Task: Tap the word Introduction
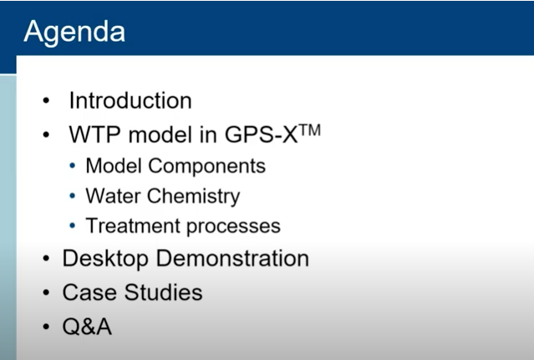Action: (130, 101)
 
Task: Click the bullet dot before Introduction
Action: (46, 101)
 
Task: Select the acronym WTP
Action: (94, 134)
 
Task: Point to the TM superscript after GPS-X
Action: (310, 130)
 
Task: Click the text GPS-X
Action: (262, 134)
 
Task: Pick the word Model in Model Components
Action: (114, 165)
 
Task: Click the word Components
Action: (206, 166)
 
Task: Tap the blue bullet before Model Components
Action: (72, 165)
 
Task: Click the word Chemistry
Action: (194, 196)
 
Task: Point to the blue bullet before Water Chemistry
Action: (72, 196)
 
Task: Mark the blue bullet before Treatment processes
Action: (72, 226)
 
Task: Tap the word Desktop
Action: (105, 259)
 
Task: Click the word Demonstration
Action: (232, 258)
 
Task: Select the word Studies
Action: (163, 292)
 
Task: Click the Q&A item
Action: (87, 327)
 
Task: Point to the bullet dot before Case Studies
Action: (46, 292)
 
